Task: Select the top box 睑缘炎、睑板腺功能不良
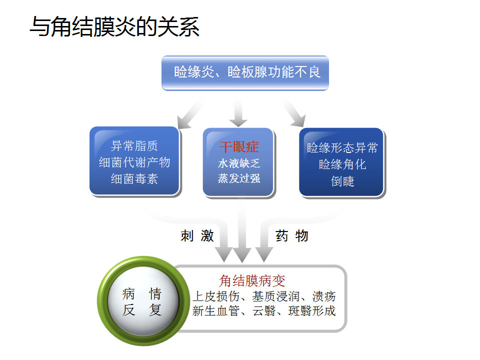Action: coord(245,72)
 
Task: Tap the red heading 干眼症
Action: coord(239,147)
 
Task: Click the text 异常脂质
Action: coord(134,146)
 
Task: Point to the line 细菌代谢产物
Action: coord(134,162)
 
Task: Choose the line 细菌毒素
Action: coord(134,179)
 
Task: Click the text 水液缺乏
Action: coord(239,163)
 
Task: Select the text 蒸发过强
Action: coord(239,178)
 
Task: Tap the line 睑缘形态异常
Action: coord(342,148)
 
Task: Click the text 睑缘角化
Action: coord(342,164)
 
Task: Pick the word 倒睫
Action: coord(342,181)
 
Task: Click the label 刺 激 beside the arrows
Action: coord(197,236)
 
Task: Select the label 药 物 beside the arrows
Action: coord(292,236)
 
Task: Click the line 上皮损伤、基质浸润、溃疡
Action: coord(264,296)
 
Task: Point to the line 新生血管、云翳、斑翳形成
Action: coord(264,311)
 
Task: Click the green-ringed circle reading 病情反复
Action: coord(142,302)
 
